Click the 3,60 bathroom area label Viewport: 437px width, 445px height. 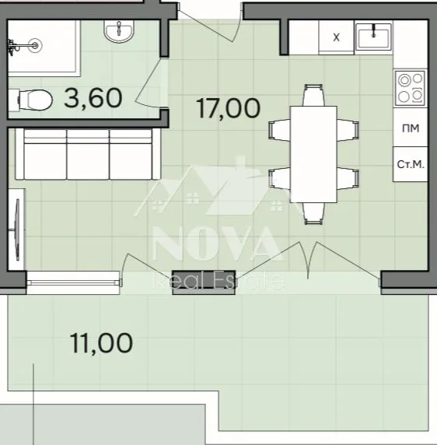click(x=93, y=98)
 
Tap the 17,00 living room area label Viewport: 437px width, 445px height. click(x=228, y=108)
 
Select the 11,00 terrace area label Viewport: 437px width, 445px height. click(x=101, y=343)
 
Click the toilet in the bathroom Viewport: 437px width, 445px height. click(x=30, y=100)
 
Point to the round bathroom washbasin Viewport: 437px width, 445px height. click(x=119, y=31)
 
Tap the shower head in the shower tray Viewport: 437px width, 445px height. click(x=35, y=45)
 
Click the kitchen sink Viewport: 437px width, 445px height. click(x=373, y=36)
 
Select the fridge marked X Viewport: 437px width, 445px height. click(x=336, y=37)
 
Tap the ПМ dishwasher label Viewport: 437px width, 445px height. click(x=411, y=128)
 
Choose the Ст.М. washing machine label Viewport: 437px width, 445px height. click(x=411, y=164)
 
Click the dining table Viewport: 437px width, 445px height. click(x=313, y=154)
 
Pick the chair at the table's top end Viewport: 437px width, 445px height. click(x=313, y=95)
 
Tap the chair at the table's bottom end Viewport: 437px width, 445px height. click(x=313, y=213)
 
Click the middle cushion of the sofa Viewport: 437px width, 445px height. click(x=88, y=155)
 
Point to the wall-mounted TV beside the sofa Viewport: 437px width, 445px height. click(x=17, y=230)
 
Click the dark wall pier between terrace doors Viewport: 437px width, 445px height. click(x=204, y=282)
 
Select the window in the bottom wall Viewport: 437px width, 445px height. click(x=73, y=282)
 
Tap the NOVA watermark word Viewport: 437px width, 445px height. click(x=217, y=244)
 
